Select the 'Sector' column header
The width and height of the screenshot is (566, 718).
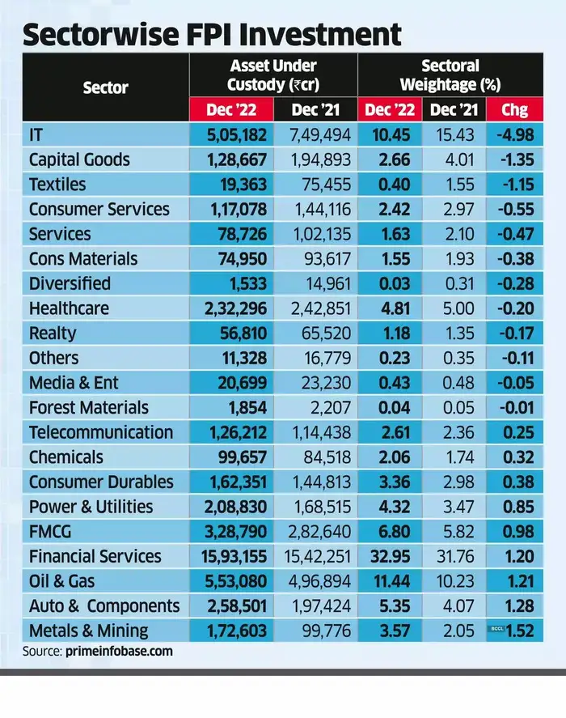click(105, 87)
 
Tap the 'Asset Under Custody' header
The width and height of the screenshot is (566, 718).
click(273, 74)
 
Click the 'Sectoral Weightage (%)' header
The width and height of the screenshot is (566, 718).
click(450, 74)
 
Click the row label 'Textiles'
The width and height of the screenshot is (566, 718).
click(57, 185)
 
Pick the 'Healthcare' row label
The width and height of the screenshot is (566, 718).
click(69, 308)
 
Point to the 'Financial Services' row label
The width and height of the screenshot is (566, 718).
click(95, 556)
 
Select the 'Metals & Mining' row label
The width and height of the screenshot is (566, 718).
click(88, 631)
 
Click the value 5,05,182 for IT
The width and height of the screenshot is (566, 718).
click(232, 135)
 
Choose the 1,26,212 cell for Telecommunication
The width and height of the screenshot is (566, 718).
click(232, 432)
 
